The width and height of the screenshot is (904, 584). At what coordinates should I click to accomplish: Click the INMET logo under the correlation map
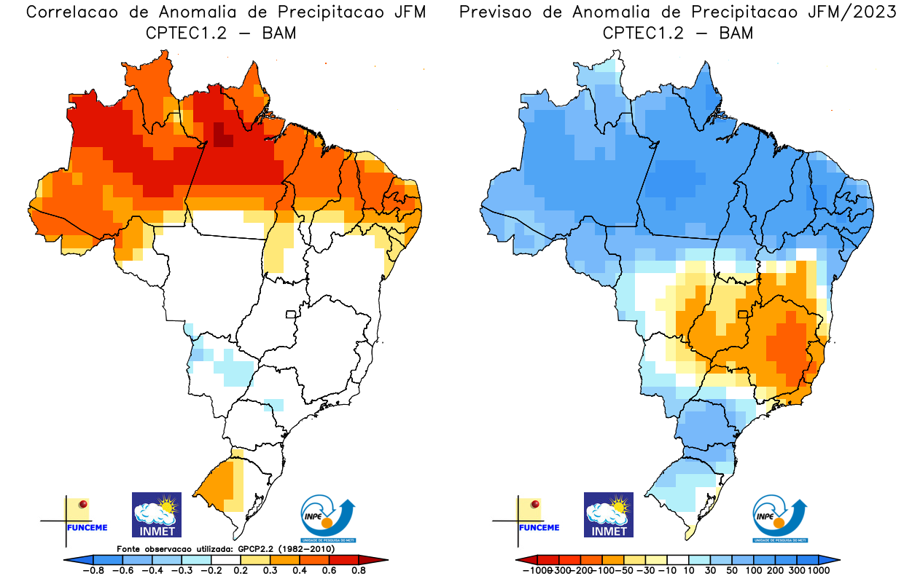click(x=156, y=514)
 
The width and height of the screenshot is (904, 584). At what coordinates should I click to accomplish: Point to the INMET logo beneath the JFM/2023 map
click(x=609, y=514)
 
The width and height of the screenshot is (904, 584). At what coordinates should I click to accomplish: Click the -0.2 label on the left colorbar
click(x=209, y=570)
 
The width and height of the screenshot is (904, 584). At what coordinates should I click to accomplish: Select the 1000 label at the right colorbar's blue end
click(x=818, y=570)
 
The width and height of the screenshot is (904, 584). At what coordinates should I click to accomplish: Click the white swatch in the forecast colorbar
click(x=678, y=559)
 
